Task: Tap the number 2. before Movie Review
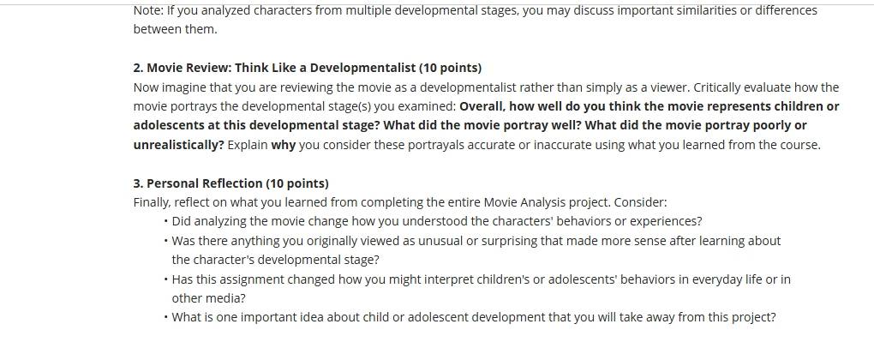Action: (138, 68)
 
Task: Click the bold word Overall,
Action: (482, 106)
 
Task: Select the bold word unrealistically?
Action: (178, 145)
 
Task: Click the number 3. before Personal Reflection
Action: (138, 184)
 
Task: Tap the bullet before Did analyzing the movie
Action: (166, 222)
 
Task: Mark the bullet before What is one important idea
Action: (166, 318)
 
